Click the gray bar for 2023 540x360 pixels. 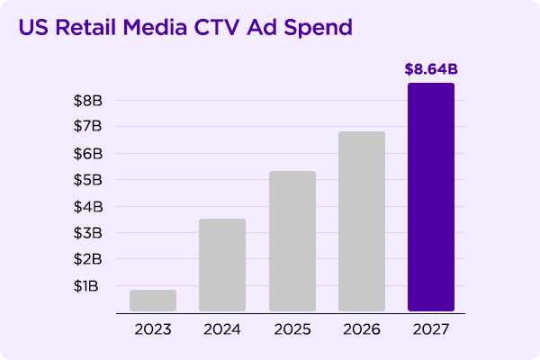point(153,301)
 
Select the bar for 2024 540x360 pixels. point(222,265)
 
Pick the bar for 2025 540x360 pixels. point(292,241)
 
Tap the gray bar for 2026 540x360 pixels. point(362,221)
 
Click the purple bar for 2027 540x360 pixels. point(431,197)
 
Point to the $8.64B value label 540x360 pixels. point(431,67)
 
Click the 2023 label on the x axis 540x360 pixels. point(153,329)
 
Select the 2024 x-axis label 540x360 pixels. point(222,329)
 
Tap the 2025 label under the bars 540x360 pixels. point(292,329)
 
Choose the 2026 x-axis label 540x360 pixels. point(362,329)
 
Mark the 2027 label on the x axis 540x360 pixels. point(431,329)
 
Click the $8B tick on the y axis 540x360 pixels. point(88,101)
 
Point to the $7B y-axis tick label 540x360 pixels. point(88,127)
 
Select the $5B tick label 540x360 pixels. point(88,180)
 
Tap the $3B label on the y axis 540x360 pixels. point(88,233)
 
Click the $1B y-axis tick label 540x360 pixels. point(88,286)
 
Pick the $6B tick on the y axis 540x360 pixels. point(88,154)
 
